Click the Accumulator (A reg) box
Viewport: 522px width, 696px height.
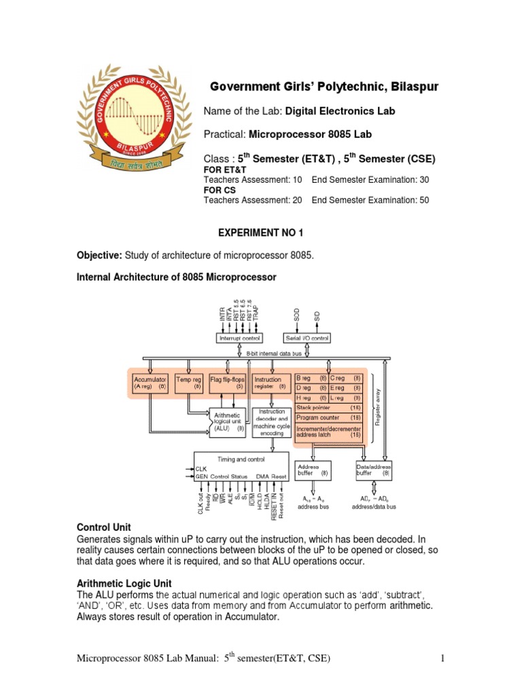click(x=149, y=382)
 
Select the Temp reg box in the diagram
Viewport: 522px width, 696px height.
click(x=188, y=382)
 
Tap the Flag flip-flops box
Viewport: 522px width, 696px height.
click(x=227, y=382)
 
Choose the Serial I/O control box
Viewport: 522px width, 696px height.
click(x=306, y=337)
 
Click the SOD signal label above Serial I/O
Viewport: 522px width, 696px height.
click(x=296, y=316)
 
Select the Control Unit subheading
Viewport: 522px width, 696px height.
click(x=104, y=527)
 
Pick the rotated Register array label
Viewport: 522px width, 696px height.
click(x=379, y=406)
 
